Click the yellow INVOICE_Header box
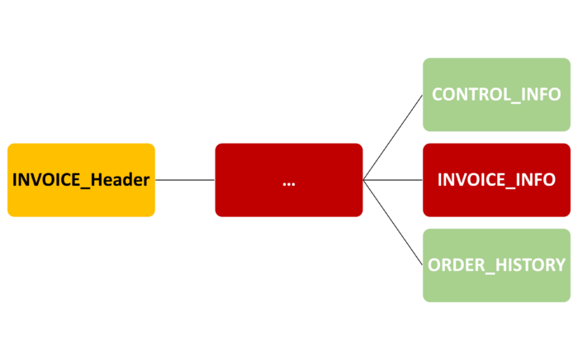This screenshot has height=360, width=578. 81,180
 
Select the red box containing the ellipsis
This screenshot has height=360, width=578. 289,180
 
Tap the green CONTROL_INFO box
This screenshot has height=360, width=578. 496,94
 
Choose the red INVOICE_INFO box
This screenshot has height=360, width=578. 496,180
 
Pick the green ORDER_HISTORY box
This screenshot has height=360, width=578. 496,265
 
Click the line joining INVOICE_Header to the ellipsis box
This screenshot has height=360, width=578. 185,180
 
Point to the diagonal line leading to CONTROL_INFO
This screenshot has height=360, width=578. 393,137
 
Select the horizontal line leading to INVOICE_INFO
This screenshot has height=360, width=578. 393,180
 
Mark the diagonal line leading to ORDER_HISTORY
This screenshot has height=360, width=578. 393,223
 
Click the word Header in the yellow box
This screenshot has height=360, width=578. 121,180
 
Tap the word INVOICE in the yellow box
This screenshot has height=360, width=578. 46,180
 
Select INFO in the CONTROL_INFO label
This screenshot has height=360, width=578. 541,94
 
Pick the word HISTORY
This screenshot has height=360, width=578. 530,265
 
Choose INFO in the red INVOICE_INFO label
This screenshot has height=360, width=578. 536,180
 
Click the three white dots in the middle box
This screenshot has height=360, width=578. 289,184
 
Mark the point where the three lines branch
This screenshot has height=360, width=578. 363,180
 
